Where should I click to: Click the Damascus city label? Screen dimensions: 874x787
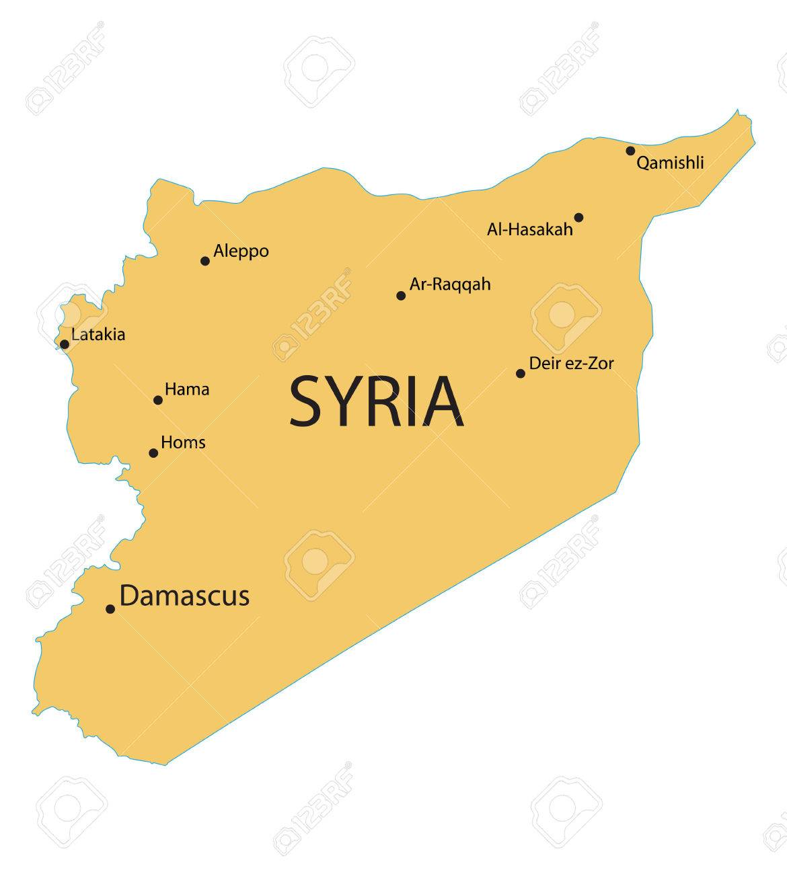[x=184, y=596]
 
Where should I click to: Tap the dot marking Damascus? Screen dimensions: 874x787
[x=110, y=609]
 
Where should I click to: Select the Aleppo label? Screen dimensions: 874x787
[x=241, y=251]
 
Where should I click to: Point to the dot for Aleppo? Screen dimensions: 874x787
[x=205, y=261]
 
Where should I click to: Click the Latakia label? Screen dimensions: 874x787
[x=98, y=334]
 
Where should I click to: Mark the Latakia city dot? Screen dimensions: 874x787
[x=65, y=344]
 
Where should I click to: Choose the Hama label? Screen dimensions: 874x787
[x=187, y=389]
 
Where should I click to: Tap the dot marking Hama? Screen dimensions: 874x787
[x=158, y=400]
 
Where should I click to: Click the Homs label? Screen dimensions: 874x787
[x=183, y=442]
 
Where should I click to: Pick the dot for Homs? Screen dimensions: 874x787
[x=153, y=453]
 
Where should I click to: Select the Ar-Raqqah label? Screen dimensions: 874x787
[x=450, y=284]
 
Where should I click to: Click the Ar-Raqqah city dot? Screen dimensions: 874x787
[x=401, y=295]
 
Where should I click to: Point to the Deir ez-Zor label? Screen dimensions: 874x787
[x=571, y=364]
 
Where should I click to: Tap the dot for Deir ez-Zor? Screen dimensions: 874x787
[x=521, y=373]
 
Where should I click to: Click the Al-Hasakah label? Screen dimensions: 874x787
[x=530, y=229]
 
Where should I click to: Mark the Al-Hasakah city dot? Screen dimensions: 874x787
[x=578, y=217]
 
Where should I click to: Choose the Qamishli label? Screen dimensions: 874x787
[x=670, y=163]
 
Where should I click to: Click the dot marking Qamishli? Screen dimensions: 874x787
[x=630, y=151]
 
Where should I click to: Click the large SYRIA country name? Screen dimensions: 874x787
[x=376, y=402]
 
